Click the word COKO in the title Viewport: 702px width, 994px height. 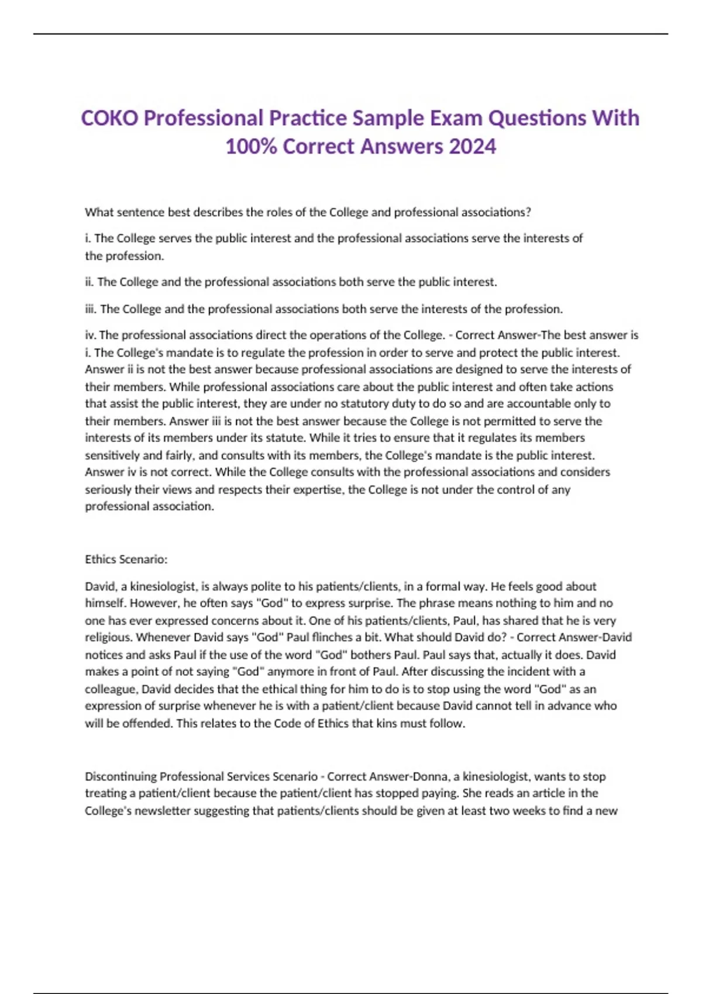pyautogui.click(x=109, y=118)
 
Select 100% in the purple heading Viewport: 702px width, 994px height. pyautogui.click(x=251, y=146)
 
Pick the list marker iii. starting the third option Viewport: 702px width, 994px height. pyautogui.click(x=91, y=309)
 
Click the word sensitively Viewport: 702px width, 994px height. pyautogui.click(x=112, y=455)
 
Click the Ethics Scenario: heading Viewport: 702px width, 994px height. pyautogui.click(x=126, y=560)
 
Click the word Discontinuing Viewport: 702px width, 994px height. pyautogui.click(x=121, y=776)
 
